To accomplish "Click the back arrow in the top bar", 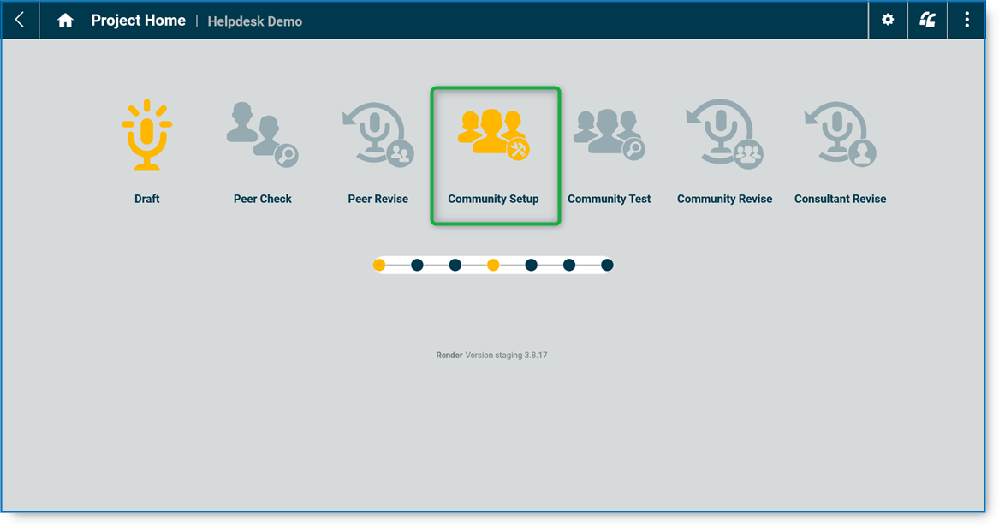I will (20, 20).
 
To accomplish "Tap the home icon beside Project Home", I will (65, 21).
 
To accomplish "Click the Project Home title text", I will (138, 21).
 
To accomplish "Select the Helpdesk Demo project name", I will (254, 21).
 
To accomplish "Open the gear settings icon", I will (888, 20).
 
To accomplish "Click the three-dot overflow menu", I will (966, 20).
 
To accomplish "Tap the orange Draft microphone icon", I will (146, 135).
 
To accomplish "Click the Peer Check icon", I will (262, 134).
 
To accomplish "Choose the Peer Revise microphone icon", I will (378, 134).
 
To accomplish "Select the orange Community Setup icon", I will (494, 134).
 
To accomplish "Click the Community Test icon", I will (609, 134).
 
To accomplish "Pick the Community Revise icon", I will (724, 134).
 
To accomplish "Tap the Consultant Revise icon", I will (840, 134).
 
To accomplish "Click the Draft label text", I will (146, 199).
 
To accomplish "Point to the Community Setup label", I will (493, 199).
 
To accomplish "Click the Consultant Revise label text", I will (840, 199).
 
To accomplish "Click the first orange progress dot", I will (379, 266).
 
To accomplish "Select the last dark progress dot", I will (607, 266).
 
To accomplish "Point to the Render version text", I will (491, 355).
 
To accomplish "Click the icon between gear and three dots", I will (927, 20).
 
